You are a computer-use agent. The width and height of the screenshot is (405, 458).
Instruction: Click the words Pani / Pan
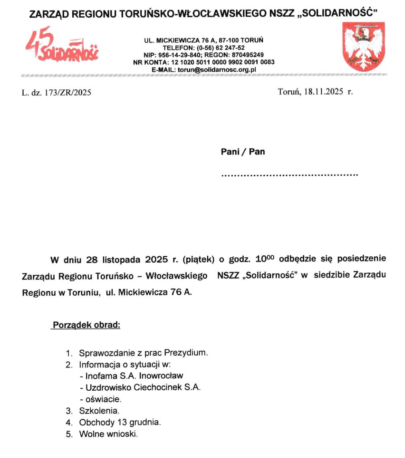pyautogui.click(x=243, y=152)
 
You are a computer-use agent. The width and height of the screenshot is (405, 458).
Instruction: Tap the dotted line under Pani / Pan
pyautogui.click(x=289, y=175)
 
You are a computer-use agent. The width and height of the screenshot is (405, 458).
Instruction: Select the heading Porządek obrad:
pyautogui.click(x=86, y=324)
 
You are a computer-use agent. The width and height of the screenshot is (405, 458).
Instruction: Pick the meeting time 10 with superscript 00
pyautogui.click(x=264, y=258)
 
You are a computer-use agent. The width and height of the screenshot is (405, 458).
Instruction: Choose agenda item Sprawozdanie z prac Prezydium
pyautogui.click(x=144, y=353)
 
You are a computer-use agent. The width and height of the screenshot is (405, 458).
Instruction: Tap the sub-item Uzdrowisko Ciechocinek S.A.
pyautogui.click(x=143, y=387)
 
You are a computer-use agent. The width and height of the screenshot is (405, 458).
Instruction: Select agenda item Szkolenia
pyautogui.click(x=99, y=411)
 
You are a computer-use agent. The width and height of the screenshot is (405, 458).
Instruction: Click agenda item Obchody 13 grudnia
pyautogui.click(x=120, y=422)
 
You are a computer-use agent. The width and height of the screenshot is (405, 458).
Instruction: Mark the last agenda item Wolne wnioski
pyautogui.click(x=108, y=434)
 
